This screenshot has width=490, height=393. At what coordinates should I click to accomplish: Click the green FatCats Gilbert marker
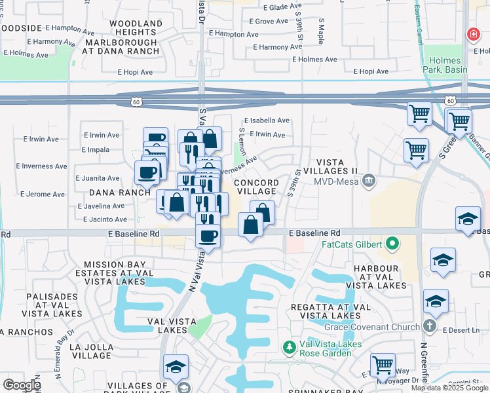point(392,245)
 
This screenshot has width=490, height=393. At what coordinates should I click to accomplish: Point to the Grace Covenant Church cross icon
point(429,326)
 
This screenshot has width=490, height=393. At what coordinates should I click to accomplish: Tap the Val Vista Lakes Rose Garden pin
point(288,346)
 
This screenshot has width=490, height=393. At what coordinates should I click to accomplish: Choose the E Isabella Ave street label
point(267,121)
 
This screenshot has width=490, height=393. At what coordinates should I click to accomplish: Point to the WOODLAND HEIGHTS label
point(136,28)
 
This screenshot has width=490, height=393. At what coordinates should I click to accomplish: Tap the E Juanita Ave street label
point(97,178)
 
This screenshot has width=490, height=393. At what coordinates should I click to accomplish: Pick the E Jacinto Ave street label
point(105,219)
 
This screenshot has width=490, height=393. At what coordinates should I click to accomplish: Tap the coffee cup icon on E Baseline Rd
point(208,236)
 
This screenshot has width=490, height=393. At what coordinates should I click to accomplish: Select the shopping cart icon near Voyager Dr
point(383,365)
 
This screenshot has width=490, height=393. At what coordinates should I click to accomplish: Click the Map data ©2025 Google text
point(449,388)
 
